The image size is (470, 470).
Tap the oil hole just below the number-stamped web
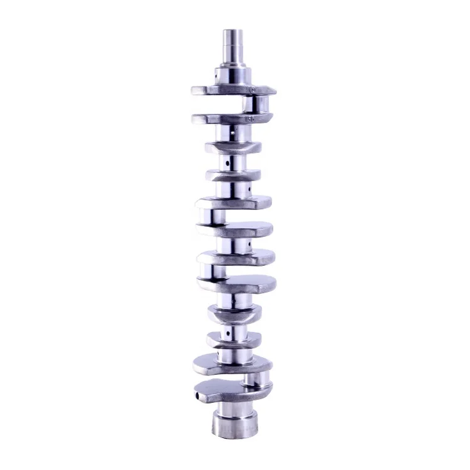pyautogui.click(x=232, y=133)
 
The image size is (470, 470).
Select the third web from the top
pyautogui.click(x=232, y=149)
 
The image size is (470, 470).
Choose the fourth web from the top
pyautogui.click(x=233, y=174)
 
